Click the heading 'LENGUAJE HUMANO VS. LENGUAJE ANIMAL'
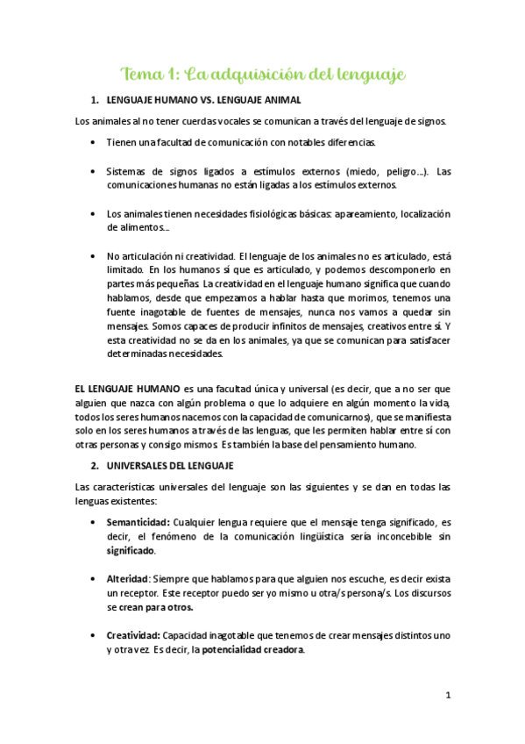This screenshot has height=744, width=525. point(202,101)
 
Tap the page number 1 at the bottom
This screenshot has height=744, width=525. point(448,695)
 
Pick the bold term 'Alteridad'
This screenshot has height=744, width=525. point(128,579)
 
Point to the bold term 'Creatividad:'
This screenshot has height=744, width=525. point(134,635)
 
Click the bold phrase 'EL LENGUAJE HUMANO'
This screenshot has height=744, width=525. point(128,388)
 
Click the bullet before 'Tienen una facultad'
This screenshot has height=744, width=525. point(94,141)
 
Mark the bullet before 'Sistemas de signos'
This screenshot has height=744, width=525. point(94,170)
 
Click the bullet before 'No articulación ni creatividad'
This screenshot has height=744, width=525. point(94,256)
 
